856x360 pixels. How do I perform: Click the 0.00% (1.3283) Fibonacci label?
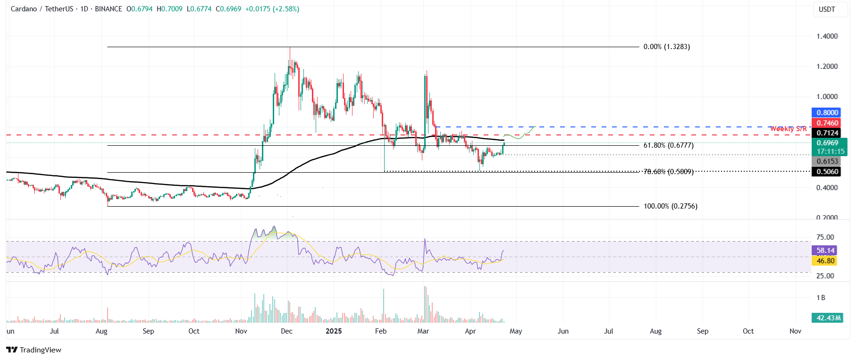(x=666, y=47)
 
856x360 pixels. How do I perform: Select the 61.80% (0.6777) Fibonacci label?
(x=668, y=145)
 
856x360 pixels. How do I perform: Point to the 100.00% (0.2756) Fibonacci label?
(x=670, y=206)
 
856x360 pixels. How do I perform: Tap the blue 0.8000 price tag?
(x=827, y=113)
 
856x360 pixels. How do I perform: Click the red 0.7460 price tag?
(x=827, y=123)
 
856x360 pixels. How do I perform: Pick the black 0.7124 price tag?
(x=827, y=133)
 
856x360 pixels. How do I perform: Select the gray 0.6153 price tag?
(x=827, y=161)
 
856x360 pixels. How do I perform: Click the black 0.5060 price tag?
(x=827, y=172)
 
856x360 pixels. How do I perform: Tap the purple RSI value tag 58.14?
(x=825, y=251)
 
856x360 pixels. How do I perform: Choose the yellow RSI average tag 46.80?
(x=825, y=261)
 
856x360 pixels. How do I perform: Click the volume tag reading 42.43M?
(x=828, y=318)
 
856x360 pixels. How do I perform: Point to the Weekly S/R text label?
(x=788, y=129)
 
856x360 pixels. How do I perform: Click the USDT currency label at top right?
(x=827, y=9)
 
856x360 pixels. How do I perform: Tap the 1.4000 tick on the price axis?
(x=827, y=36)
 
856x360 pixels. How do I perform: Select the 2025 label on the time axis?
(x=334, y=331)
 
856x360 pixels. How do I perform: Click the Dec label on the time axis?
(x=286, y=331)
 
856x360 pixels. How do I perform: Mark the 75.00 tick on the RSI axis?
(x=825, y=237)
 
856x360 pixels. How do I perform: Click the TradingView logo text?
(x=34, y=350)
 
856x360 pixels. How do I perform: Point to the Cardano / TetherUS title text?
(x=42, y=9)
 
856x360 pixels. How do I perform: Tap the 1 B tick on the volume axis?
(x=821, y=298)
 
